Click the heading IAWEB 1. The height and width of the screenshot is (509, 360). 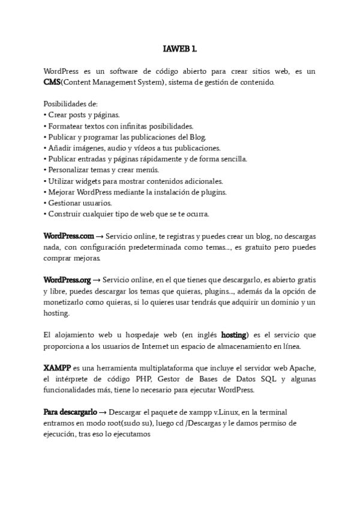coord(179,48)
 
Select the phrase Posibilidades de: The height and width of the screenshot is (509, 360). coord(67,104)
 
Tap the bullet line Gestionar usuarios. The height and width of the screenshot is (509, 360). coord(78,203)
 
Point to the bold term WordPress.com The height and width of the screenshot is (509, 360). coord(69,236)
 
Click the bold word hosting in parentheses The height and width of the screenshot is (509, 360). coord(233,334)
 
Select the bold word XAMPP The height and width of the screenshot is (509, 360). coord(57,367)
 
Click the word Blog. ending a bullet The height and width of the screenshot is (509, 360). coord(197,137)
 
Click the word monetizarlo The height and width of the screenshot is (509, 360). coord(69,302)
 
